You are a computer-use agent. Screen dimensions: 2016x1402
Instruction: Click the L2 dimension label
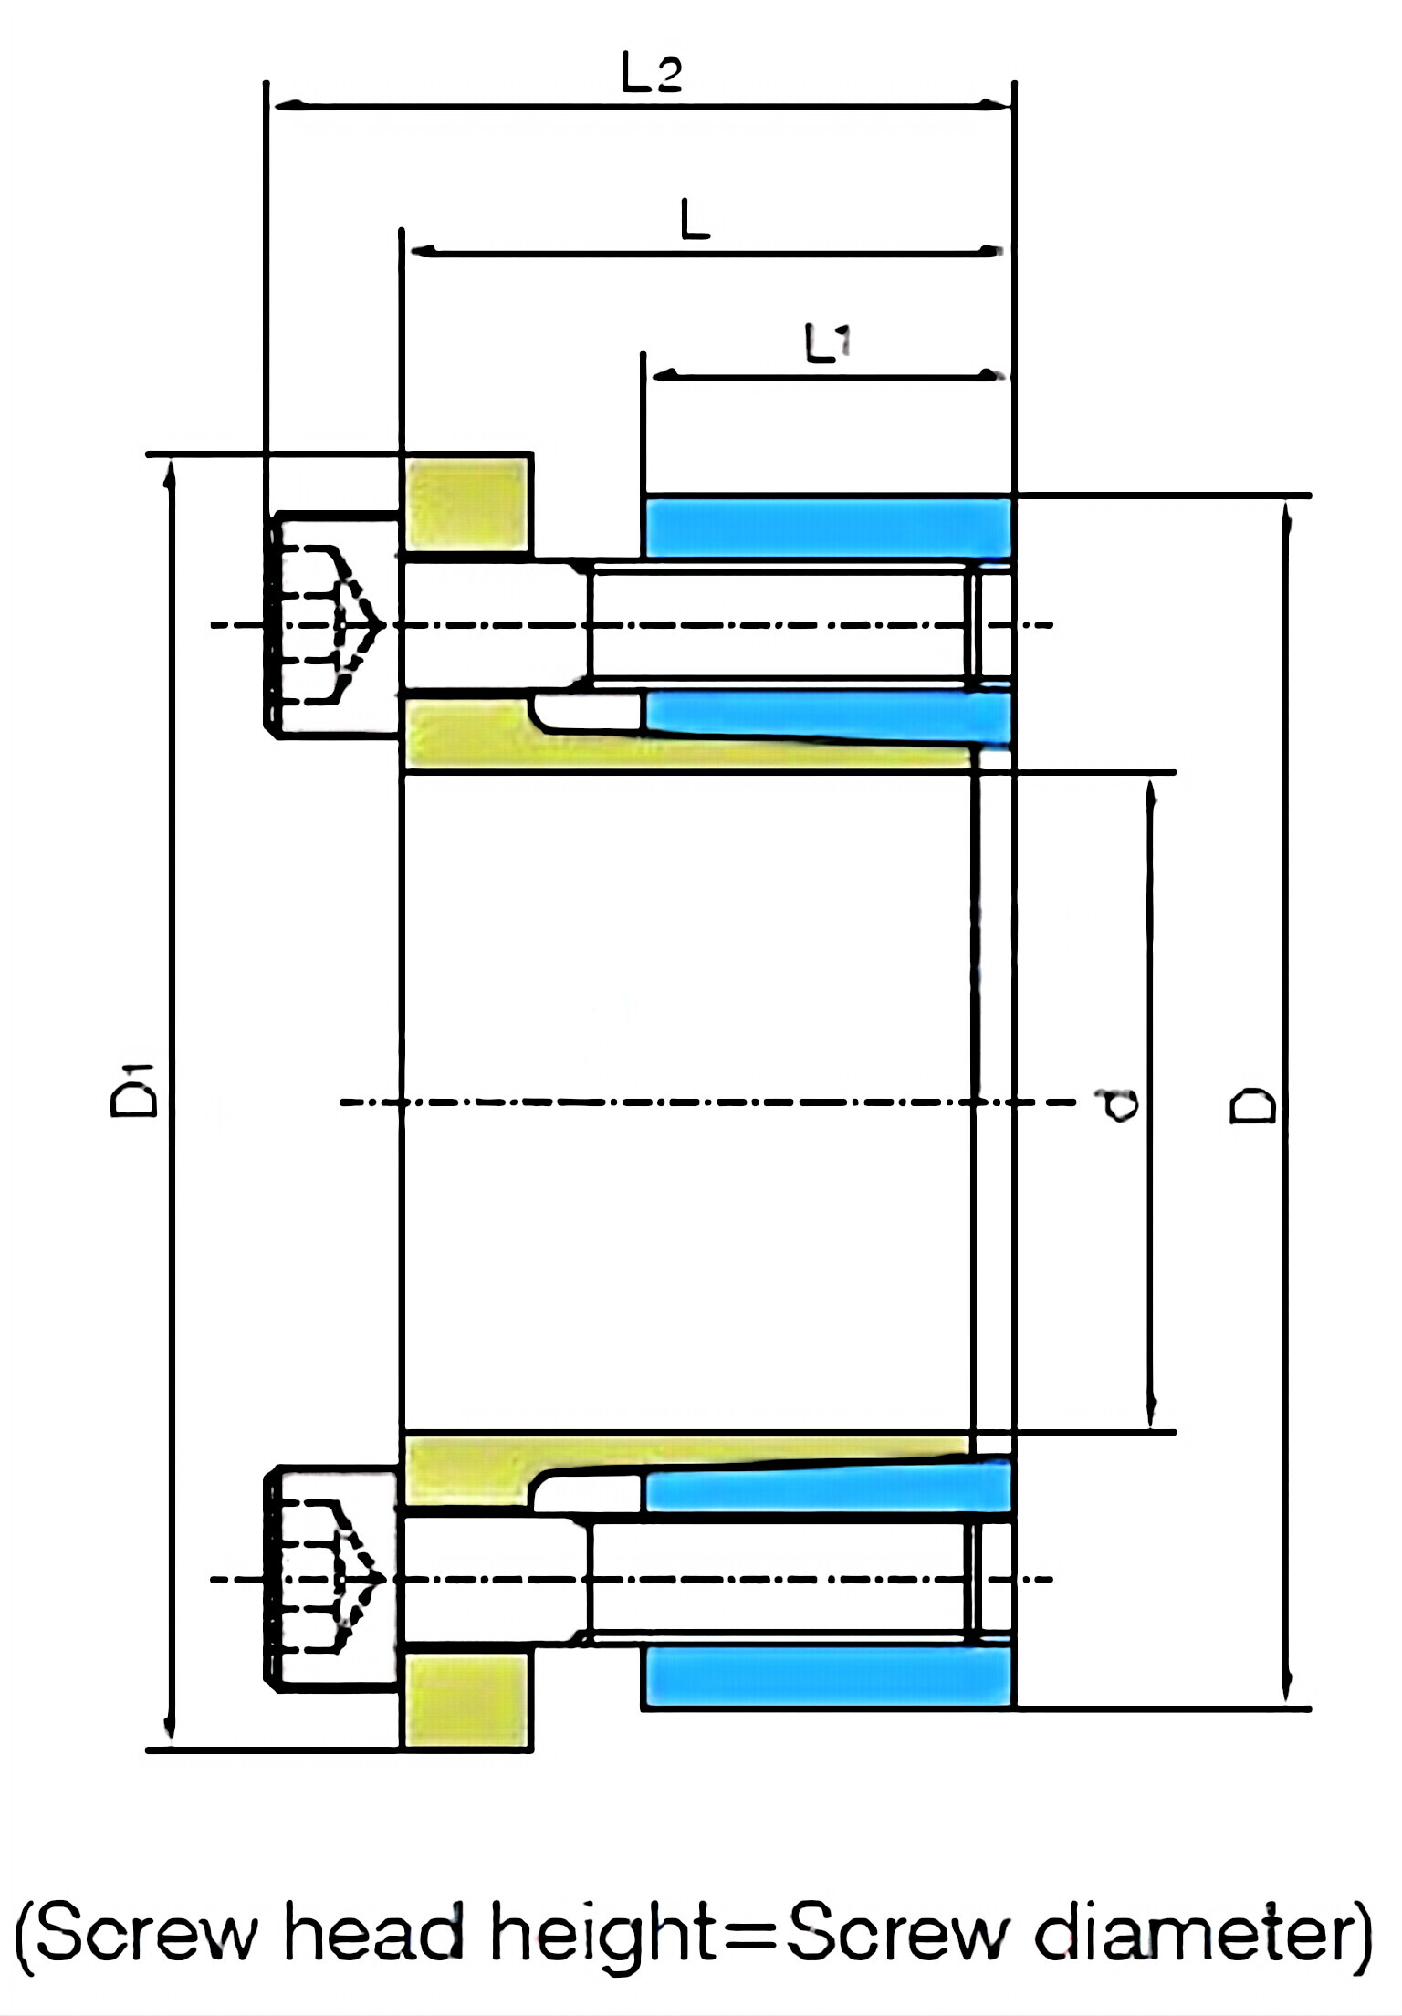click(651, 74)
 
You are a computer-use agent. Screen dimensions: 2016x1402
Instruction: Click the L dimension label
click(696, 221)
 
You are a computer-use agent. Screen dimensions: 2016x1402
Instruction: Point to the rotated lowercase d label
click(1118, 1105)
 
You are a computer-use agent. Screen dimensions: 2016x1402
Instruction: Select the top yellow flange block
click(466, 505)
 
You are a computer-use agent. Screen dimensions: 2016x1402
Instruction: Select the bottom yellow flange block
click(466, 1700)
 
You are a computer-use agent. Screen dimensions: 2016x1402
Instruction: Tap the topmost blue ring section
click(827, 528)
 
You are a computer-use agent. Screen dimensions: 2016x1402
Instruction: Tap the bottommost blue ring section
click(827, 1676)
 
